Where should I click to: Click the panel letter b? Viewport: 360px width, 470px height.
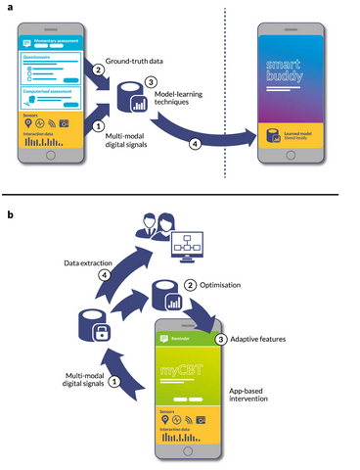pyautogui.click(x=9, y=212)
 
